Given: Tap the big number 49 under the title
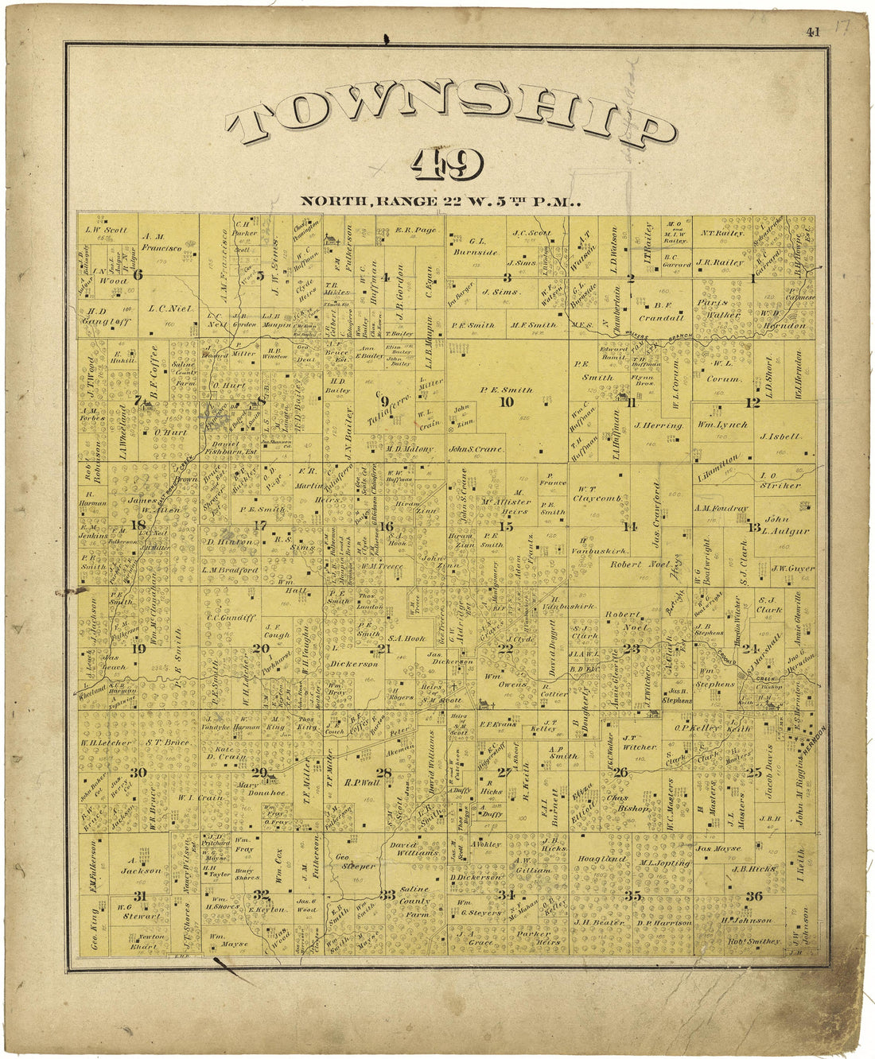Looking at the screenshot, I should tap(447, 165).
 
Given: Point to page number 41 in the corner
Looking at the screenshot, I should tap(812, 33).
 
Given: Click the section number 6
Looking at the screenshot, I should tap(138, 275).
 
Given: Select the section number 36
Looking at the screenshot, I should tap(753, 897).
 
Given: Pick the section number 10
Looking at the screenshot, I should tap(506, 401).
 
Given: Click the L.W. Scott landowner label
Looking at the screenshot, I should tap(107, 231).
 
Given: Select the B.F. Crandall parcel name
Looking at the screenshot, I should tap(657, 310).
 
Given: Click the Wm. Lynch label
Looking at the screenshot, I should tap(723, 425).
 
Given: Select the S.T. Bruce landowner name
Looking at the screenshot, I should tap(167, 743).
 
